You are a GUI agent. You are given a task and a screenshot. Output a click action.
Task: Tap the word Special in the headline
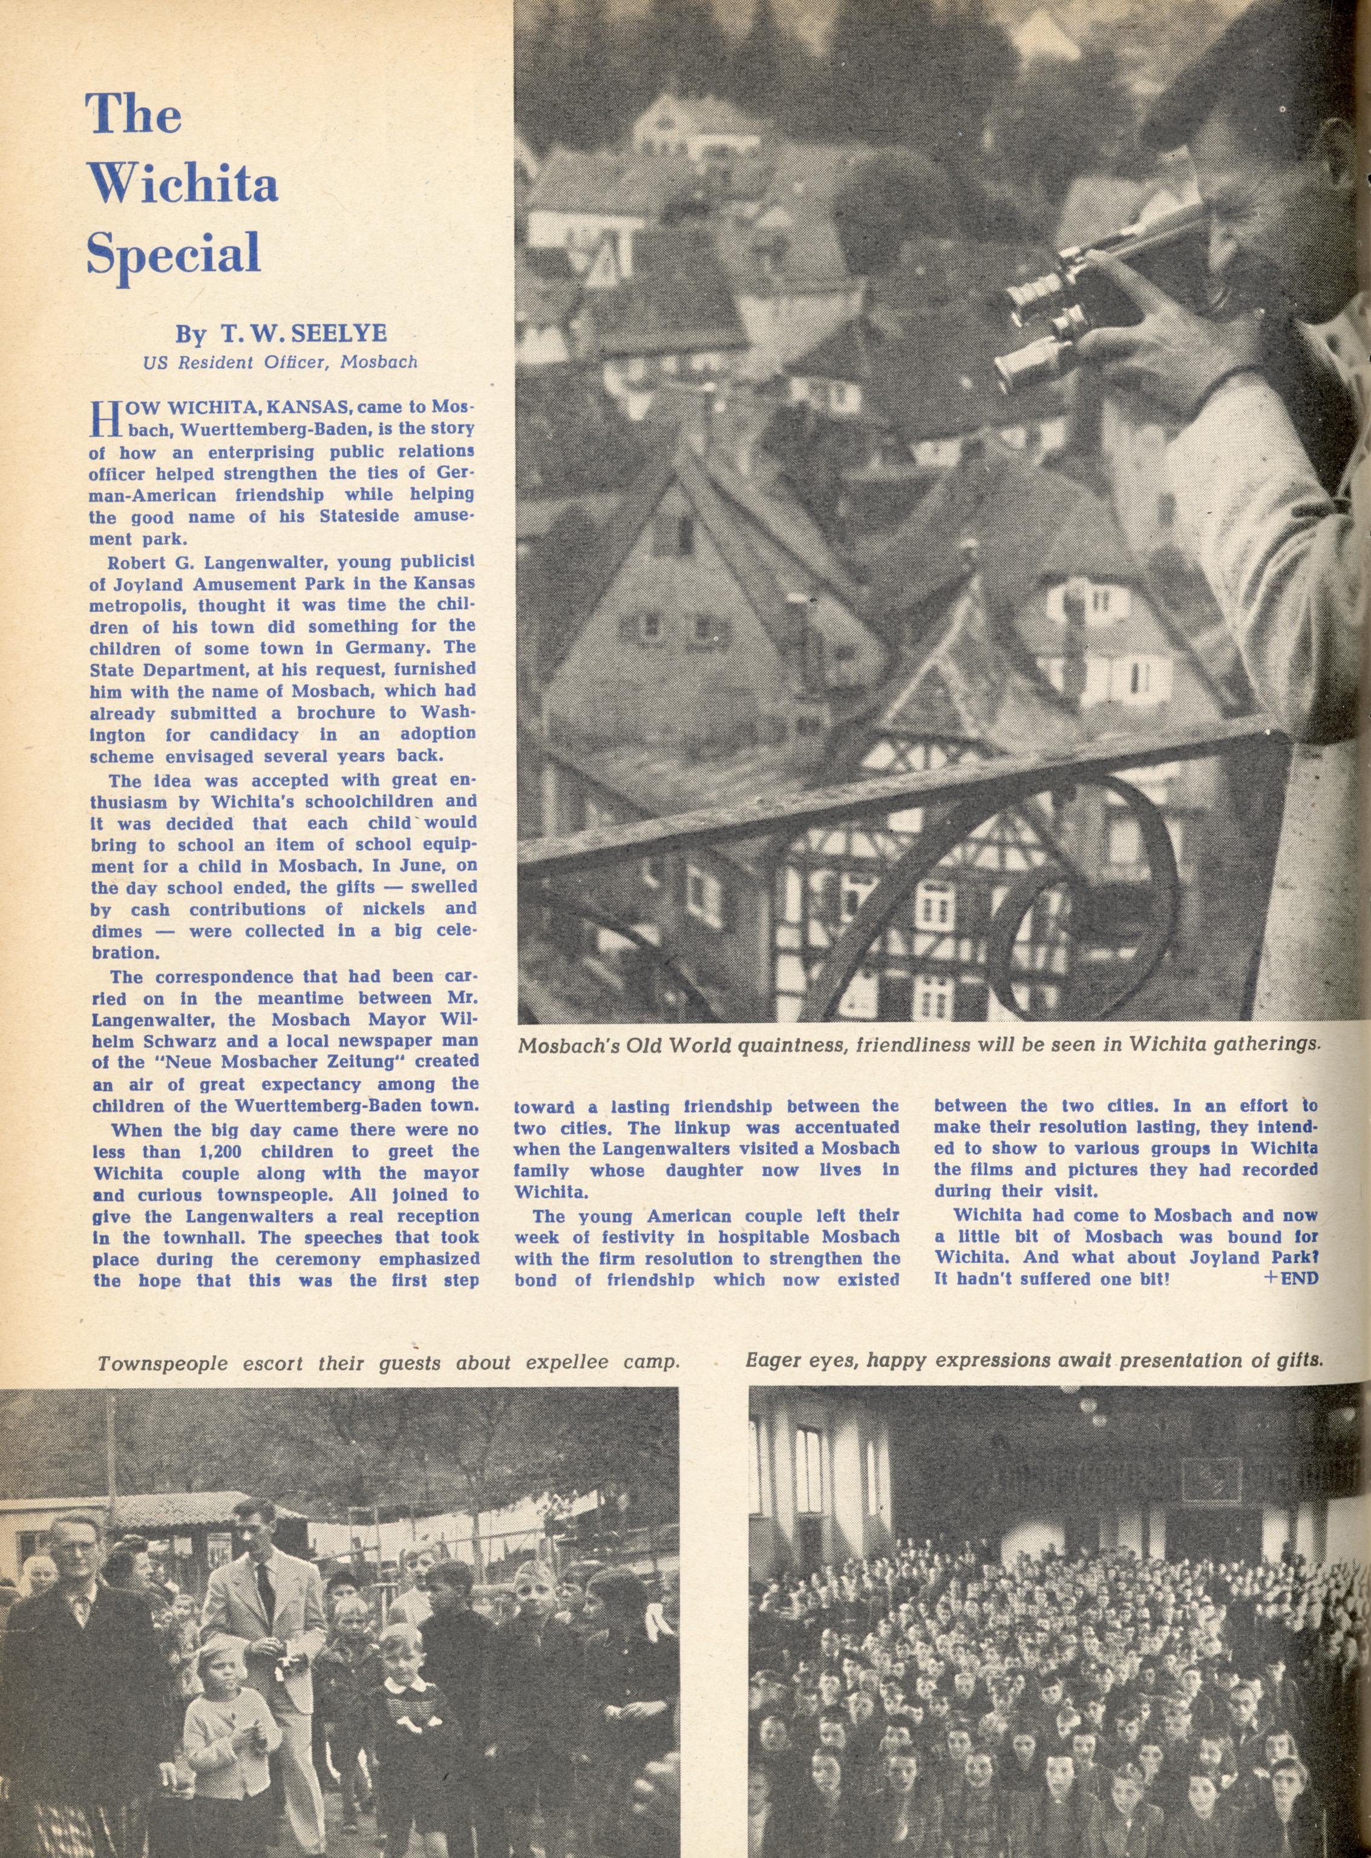point(174,248)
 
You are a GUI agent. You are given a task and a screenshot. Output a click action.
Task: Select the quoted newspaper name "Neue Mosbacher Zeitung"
point(261,1061)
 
